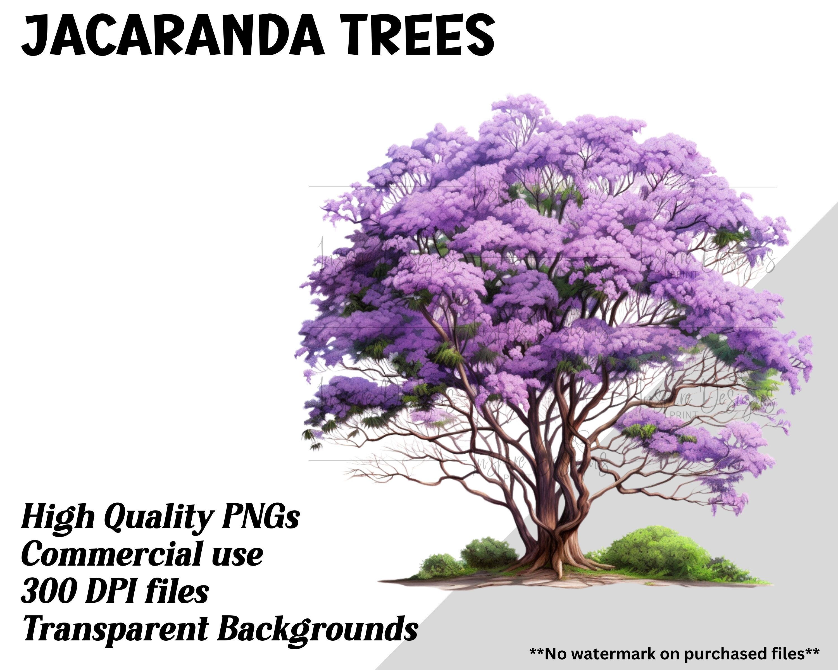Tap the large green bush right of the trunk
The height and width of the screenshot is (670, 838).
[x=657, y=552]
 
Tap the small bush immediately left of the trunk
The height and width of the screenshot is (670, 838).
[x=490, y=552]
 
